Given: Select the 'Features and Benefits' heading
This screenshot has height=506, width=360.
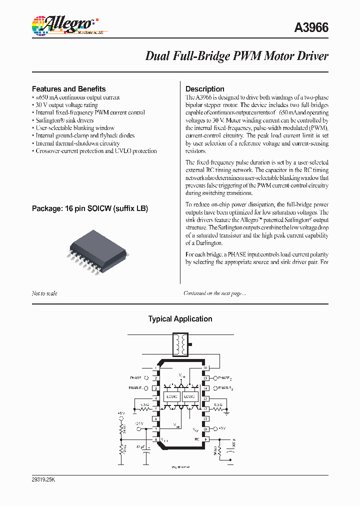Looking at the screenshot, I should click(x=68, y=89).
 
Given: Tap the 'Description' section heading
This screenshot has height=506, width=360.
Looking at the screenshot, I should click(x=205, y=89).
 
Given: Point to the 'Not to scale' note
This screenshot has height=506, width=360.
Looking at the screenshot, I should click(x=44, y=293).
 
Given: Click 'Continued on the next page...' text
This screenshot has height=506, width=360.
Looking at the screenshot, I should click(x=214, y=293).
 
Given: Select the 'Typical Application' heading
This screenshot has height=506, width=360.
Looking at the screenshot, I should click(x=180, y=319).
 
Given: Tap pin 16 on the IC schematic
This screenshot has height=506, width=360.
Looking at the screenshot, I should click(x=205, y=368).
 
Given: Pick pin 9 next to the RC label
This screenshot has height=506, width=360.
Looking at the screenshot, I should click(x=205, y=439).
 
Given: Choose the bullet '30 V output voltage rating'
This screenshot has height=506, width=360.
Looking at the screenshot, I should click(x=68, y=105).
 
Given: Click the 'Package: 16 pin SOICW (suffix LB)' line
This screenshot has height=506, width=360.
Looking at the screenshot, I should click(x=90, y=208).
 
